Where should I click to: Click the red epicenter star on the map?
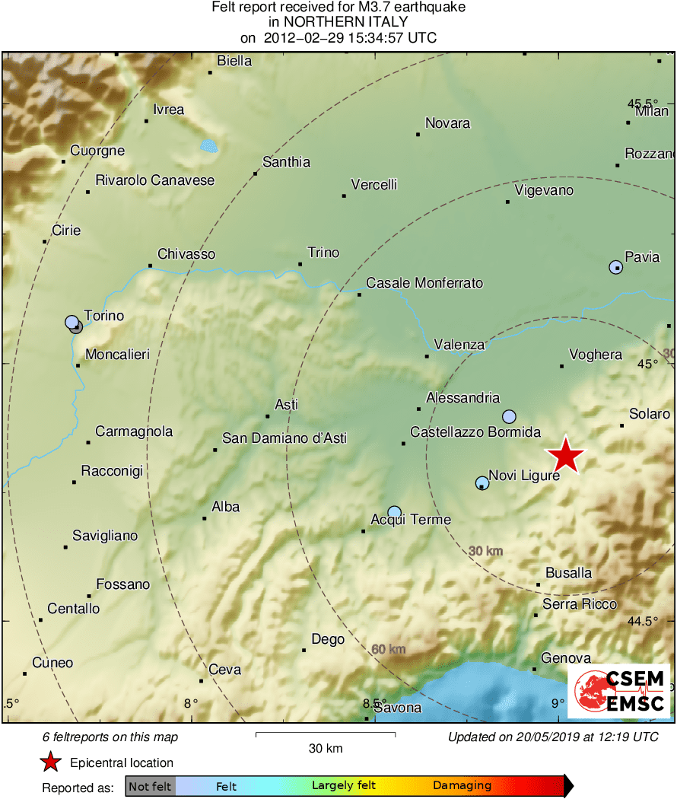coord(566,457)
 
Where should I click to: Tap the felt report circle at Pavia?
coord(615,267)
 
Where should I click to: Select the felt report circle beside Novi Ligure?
coord(482,483)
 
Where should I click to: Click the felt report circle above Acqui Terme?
coord(394,512)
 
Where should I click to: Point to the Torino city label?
coord(103,316)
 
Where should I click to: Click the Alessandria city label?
coord(462,398)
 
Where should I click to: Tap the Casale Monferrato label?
coord(424,283)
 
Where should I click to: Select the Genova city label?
coord(565,658)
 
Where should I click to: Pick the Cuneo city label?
coord(52,663)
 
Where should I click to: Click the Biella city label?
coord(234,61)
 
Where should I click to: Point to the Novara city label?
coord(447,123)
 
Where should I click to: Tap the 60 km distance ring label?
coord(389,649)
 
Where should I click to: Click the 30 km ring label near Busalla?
coord(485,551)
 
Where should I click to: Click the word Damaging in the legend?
coord(462,786)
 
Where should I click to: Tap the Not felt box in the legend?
coord(150,786)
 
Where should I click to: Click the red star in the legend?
coord(50,762)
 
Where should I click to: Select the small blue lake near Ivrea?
coord(208,145)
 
